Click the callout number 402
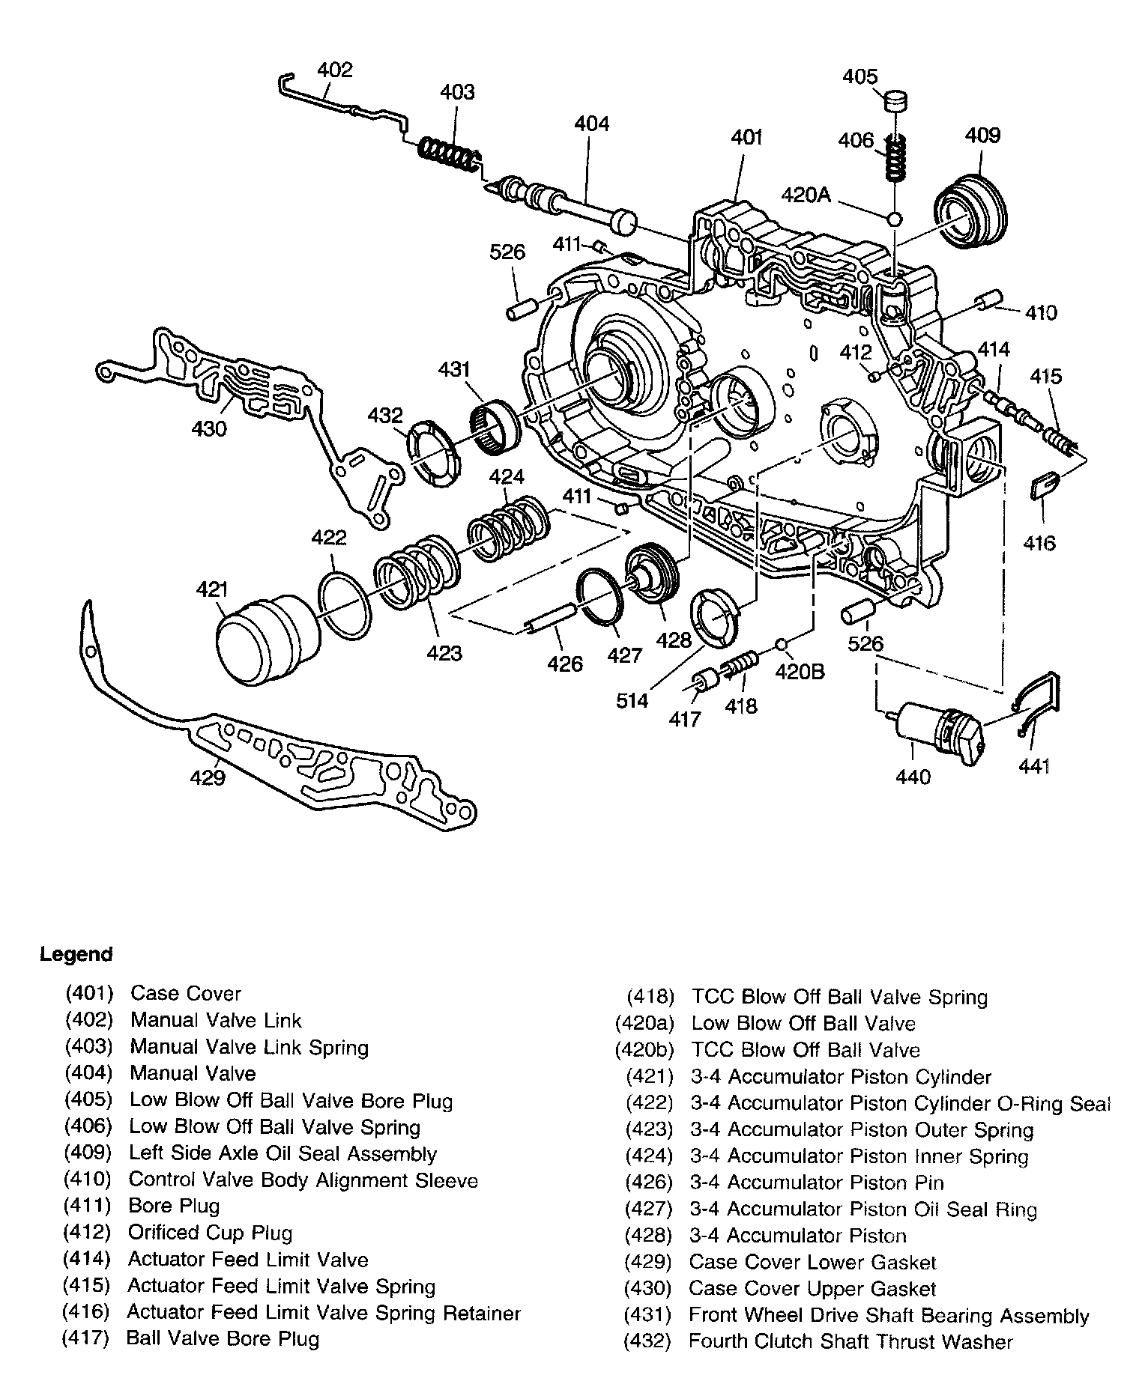(334, 70)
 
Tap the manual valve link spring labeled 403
(449, 155)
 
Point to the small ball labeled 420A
(893, 219)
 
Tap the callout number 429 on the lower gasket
(208, 779)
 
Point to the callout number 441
(1033, 766)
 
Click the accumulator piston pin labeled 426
(549, 619)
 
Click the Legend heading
(76, 954)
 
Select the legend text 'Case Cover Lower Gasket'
(812, 1263)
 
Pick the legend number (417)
(88, 1338)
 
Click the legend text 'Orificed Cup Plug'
(210, 1233)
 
